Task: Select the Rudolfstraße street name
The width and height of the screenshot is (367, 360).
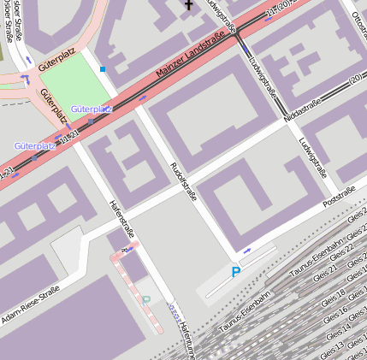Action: point(183,180)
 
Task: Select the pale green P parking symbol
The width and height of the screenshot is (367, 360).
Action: point(145,301)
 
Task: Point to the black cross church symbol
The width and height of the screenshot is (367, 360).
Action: point(188,5)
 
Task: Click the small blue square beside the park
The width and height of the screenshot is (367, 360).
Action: point(103,69)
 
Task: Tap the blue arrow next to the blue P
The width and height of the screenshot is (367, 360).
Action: point(247,251)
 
